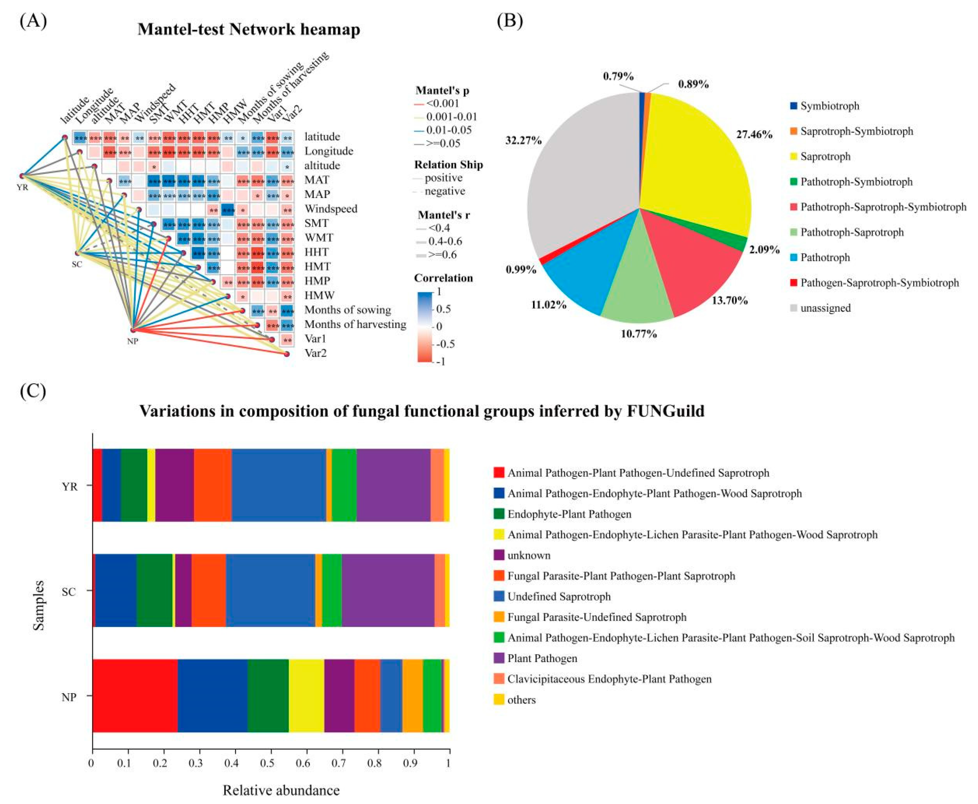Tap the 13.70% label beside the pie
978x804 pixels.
(730, 301)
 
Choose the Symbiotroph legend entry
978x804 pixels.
(829, 106)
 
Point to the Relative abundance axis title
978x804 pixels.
(281, 790)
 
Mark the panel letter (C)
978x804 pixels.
(33, 391)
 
